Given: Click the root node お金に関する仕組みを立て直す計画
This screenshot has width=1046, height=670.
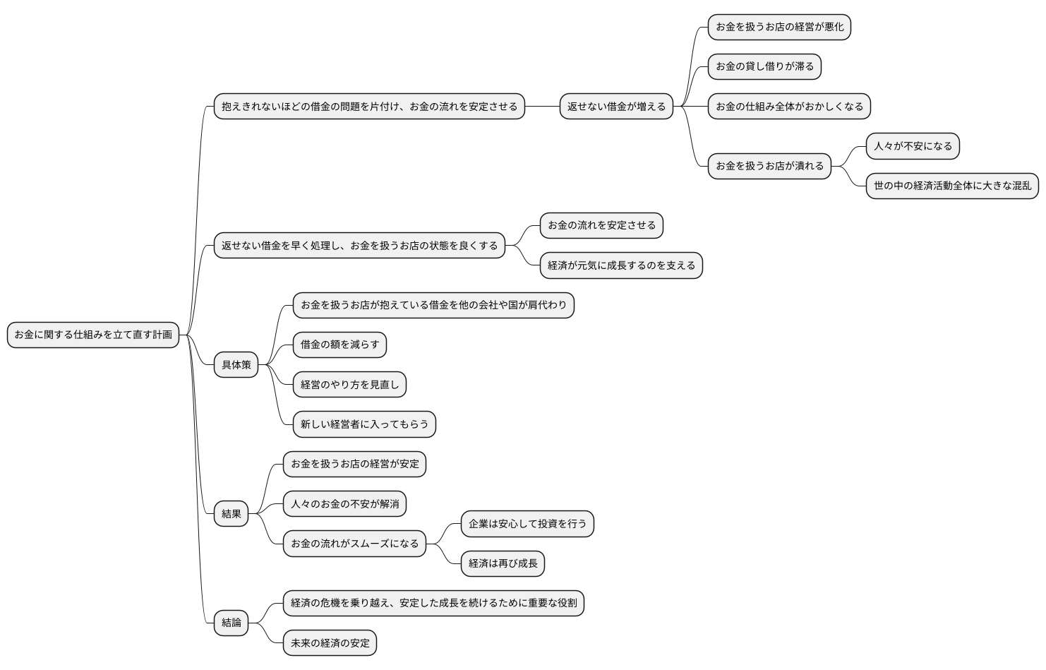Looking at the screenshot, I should pyautogui.click(x=93, y=335).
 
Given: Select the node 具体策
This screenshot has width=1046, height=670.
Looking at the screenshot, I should pyautogui.click(x=236, y=365).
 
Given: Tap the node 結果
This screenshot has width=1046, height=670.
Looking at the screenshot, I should pyautogui.click(x=232, y=514).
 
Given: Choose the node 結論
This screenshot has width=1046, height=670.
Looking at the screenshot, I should pyautogui.click(x=232, y=623).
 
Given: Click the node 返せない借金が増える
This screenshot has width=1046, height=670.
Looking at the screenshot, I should pyautogui.click(x=616, y=107).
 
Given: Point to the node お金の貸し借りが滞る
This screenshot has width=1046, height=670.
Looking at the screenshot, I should pyautogui.click(x=764, y=66).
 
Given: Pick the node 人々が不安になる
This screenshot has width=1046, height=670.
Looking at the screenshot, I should pyautogui.click(x=913, y=146).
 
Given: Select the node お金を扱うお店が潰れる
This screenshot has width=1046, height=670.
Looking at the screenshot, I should pyautogui.click(x=769, y=166).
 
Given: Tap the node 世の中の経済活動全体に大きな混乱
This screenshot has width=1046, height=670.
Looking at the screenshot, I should pyautogui.click(x=952, y=186).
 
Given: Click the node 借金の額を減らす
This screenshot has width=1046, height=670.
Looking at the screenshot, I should pyautogui.click(x=339, y=345).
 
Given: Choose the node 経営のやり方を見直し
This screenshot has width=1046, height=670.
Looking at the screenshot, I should pyautogui.click(x=349, y=385).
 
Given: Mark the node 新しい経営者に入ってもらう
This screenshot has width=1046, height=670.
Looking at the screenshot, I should pyautogui.click(x=364, y=424).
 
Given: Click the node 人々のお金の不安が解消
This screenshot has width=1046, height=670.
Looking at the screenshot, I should pyautogui.click(x=344, y=504).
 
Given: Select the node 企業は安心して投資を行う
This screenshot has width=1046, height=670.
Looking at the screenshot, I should pyautogui.click(x=527, y=524).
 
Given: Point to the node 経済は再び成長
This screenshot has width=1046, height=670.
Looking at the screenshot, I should pyautogui.click(x=503, y=563).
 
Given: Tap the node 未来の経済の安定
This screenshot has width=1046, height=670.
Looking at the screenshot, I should pyautogui.click(x=330, y=643).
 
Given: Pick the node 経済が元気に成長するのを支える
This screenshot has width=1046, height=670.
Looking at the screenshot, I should pyautogui.click(x=621, y=265).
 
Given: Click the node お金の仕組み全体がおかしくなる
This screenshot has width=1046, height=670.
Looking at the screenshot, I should pyautogui.click(x=789, y=107).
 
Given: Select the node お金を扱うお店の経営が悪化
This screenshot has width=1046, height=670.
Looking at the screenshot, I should pyautogui.click(x=779, y=27).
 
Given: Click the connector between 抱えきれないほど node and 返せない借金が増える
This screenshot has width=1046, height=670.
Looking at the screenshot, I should pyautogui.click(x=542, y=107).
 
